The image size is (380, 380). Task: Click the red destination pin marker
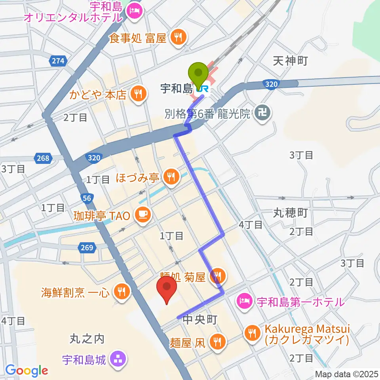(x=167, y=288)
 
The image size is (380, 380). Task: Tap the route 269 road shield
(x=88, y=248)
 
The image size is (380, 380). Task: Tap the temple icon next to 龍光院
(x=261, y=114)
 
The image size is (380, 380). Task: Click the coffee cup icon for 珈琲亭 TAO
(x=141, y=215)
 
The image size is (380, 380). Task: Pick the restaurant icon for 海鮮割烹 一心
(x=120, y=292)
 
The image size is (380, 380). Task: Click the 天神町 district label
(x=291, y=61)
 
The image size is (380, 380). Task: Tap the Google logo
(x=27, y=371)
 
